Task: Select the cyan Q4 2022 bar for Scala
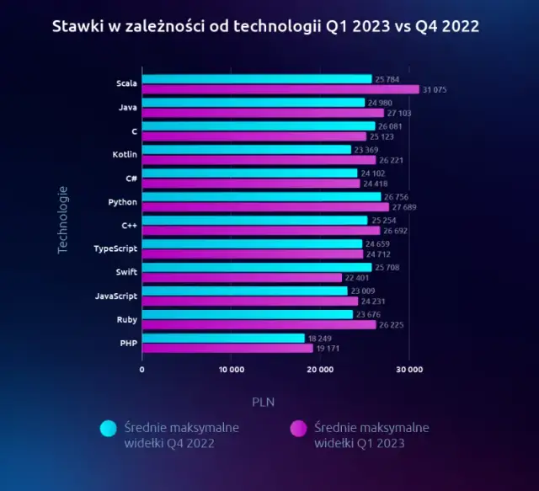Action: [257, 79]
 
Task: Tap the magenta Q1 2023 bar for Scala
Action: [280, 89]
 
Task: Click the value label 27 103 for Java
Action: [401, 112]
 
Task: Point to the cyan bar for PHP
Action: [223, 338]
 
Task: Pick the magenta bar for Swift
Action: [243, 277]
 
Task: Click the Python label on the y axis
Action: [123, 202]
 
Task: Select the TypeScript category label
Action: [115, 249]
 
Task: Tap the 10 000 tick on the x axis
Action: [231, 369]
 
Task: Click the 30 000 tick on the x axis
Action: [409, 369]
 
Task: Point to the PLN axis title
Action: [263, 401]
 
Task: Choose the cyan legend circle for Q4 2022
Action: [108, 430]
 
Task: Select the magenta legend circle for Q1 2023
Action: [298, 430]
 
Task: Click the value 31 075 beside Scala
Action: [436, 89]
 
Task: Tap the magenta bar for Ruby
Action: [259, 324]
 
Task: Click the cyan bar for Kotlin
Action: [247, 150]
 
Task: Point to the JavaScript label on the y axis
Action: [115, 296]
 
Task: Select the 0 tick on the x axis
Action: [141, 369]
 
